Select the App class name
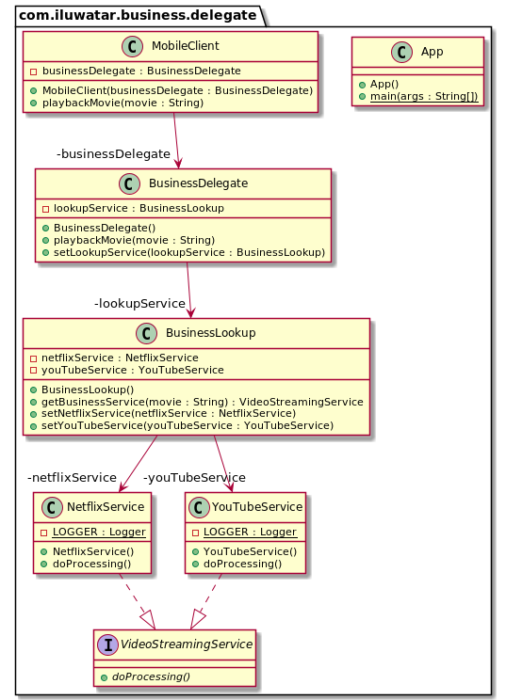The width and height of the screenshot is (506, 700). click(x=433, y=53)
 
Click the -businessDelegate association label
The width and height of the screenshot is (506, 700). click(x=113, y=153)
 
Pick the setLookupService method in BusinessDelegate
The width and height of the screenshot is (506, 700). click(x=189, y=252)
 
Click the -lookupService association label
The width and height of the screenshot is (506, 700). click(x=139, y=303)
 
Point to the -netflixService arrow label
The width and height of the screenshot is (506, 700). click(x=73, y=477)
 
